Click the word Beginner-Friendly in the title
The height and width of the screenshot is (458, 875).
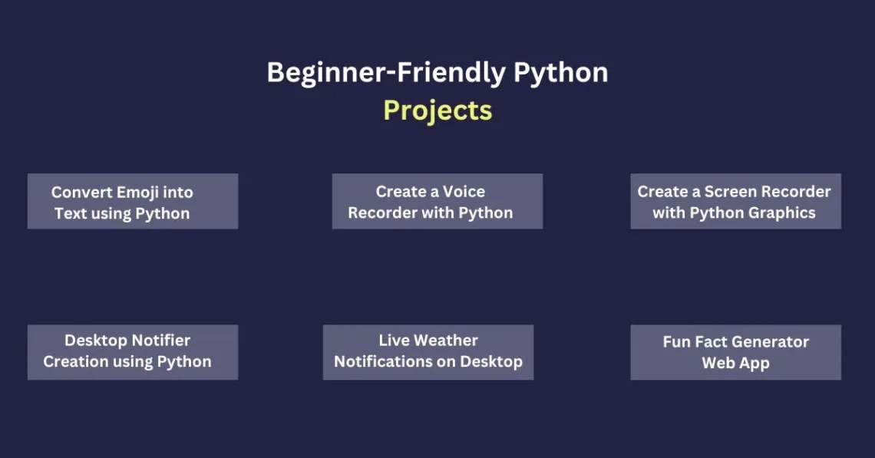tap(386, 74)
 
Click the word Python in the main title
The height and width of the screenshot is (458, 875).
tap(561, 74)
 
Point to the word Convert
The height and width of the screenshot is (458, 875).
tap(82, 193)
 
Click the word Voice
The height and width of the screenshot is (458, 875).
tap(464, 191)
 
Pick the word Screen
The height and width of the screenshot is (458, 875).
tap(730, 191)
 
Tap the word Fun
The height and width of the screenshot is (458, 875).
tap(675, 342)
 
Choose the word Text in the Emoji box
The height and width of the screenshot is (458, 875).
tap(71, 214)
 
